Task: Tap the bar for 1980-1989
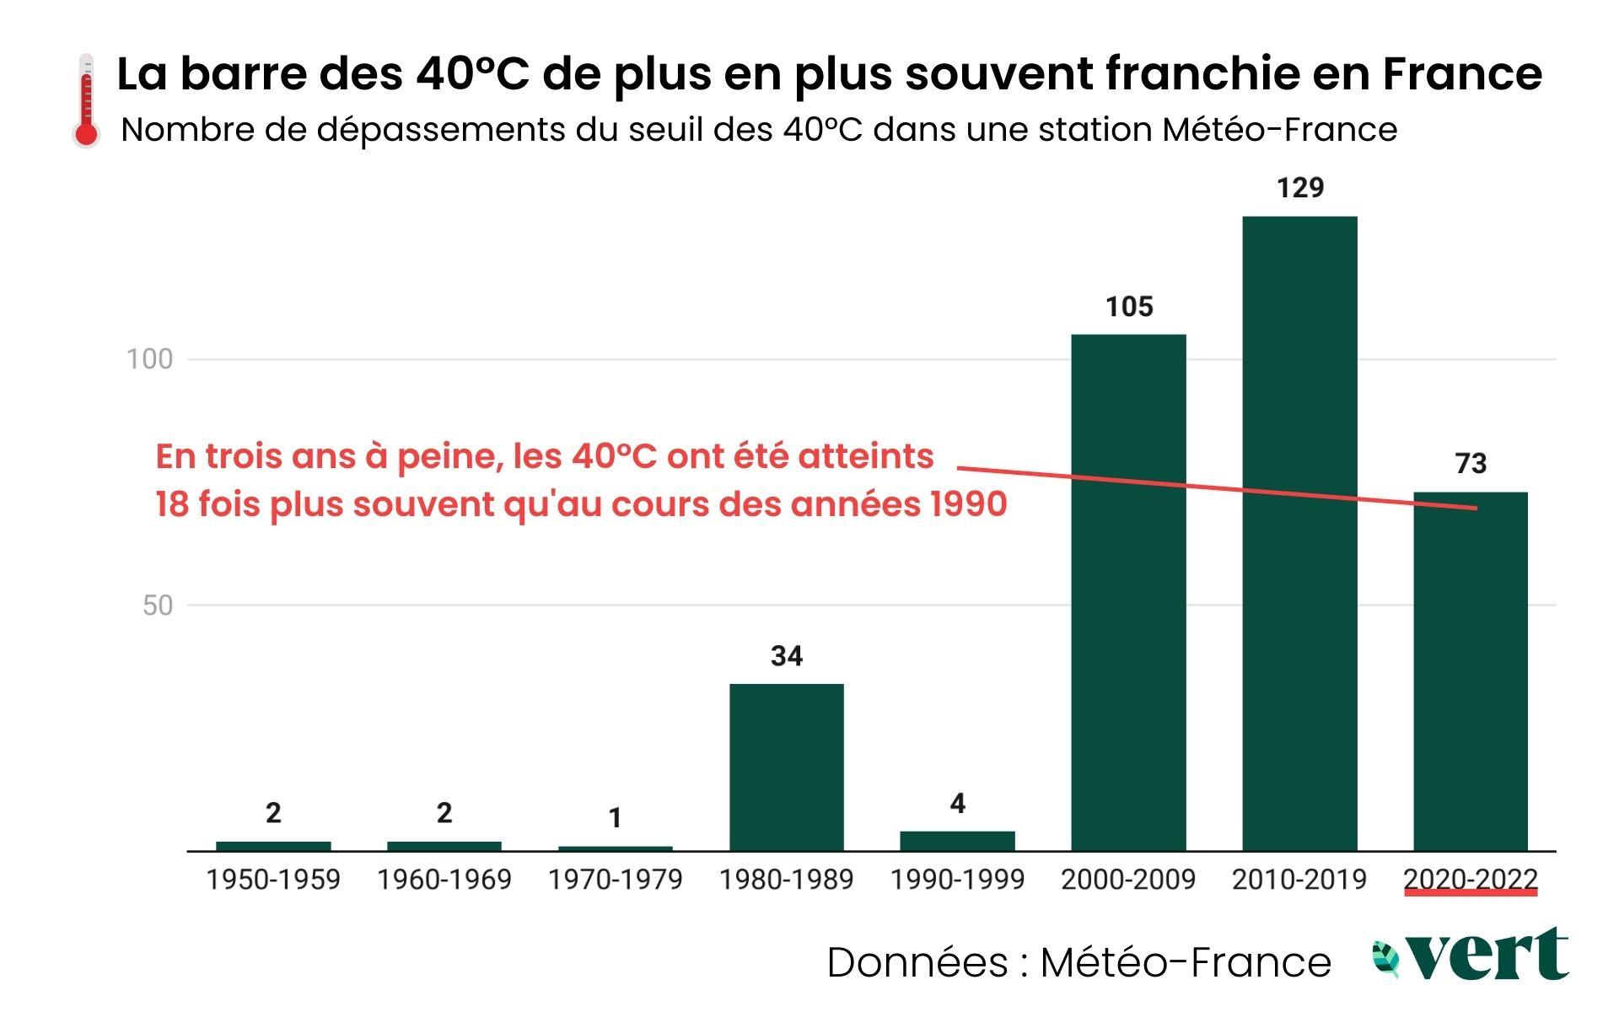click(786, 767)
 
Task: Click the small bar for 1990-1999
click(957, 841)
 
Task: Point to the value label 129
click(1299, 187)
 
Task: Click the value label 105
click(1128, 306)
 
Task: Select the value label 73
click(1471, 463)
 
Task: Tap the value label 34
click(786, 655)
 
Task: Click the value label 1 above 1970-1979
click(616, 817)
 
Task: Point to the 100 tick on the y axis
click(149, 359)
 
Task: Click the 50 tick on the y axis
click(158, 605)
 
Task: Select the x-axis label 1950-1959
click(273, 880)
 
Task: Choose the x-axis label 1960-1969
click(444, 880)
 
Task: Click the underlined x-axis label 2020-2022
click(1471, 880)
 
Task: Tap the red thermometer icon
click(86, 101)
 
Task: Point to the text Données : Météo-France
click(1078, 962)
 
